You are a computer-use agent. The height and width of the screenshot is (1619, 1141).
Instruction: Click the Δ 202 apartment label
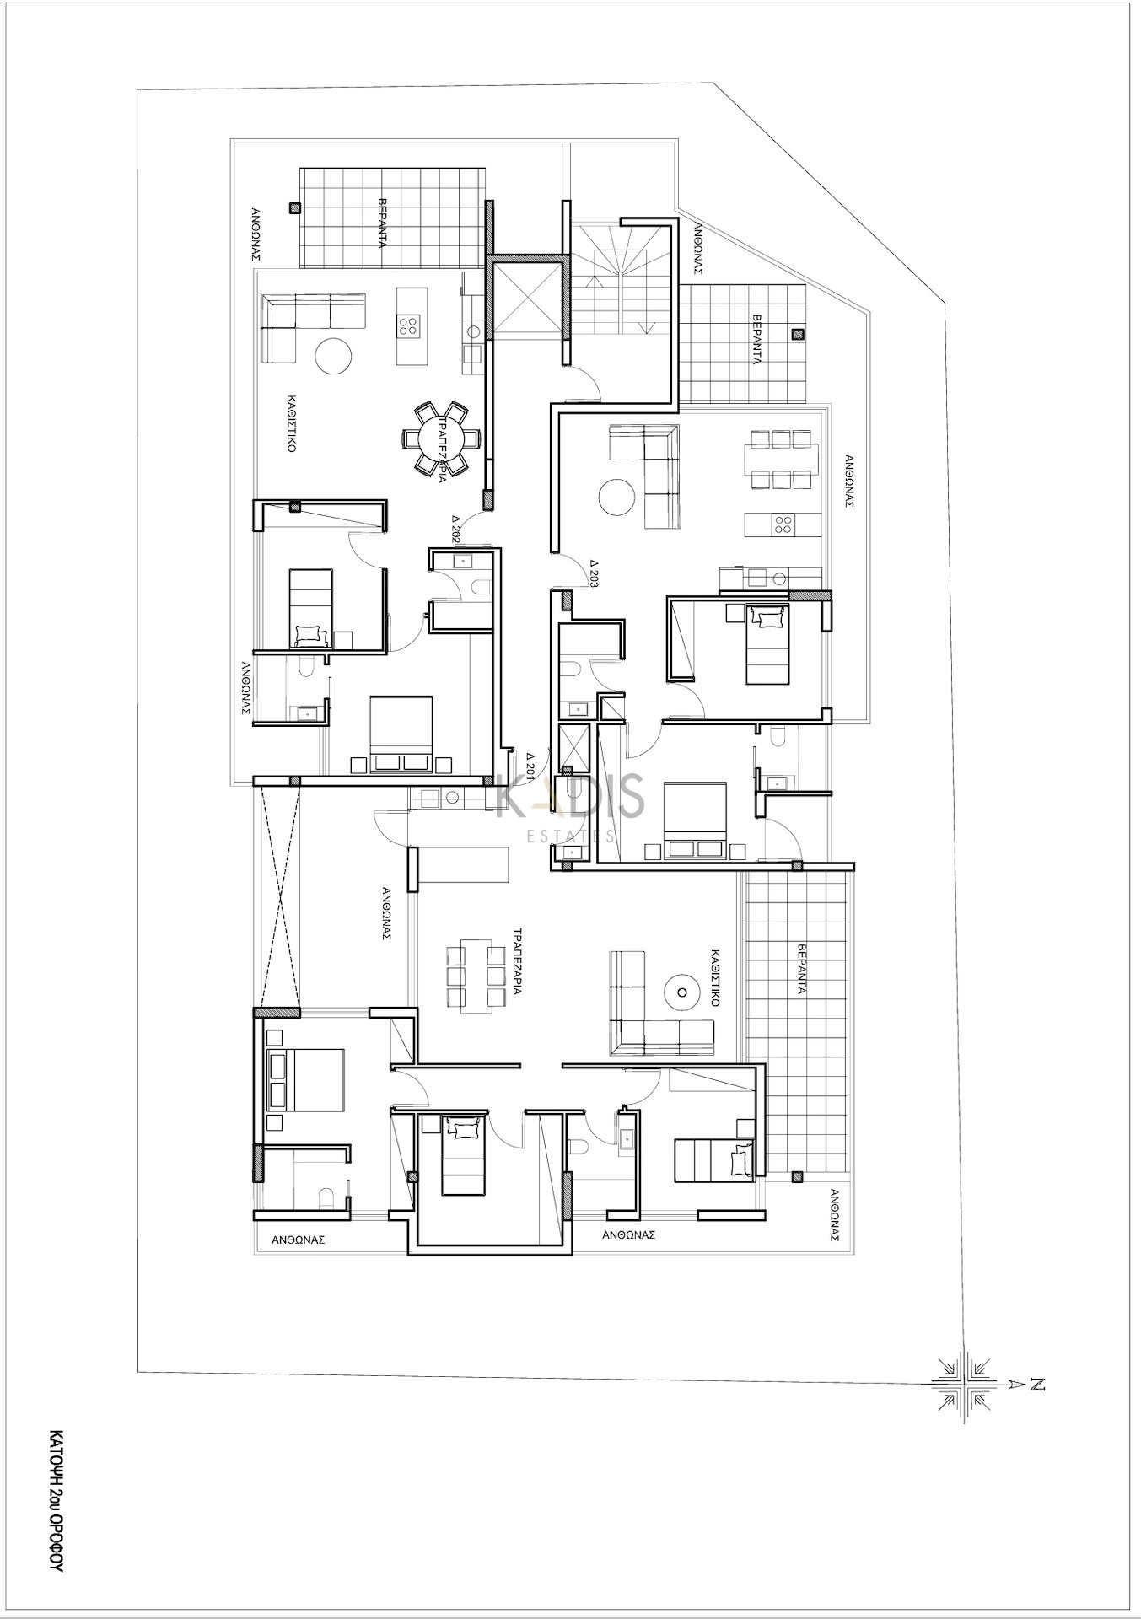pyautogui.click(x=455, y=526)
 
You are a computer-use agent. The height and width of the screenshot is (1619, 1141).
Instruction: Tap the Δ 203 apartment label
pyautogui.click(x=595, y=573)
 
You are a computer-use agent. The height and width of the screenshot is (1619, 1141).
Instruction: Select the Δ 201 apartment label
pyautogui.click(x=530, y=763)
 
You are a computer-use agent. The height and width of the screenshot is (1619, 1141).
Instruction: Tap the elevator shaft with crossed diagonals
pyautogui.click(x=528, y=299)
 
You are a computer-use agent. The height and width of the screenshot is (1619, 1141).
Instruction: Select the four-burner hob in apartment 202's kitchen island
pyautogui.click(x=411, y=325)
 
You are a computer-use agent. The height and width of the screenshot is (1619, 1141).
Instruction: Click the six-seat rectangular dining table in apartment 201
pyautogui.click(x=475, y=976)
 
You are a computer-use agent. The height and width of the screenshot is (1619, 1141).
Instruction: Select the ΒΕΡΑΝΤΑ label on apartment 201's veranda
pyautogui.click(x=800, y=969)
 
